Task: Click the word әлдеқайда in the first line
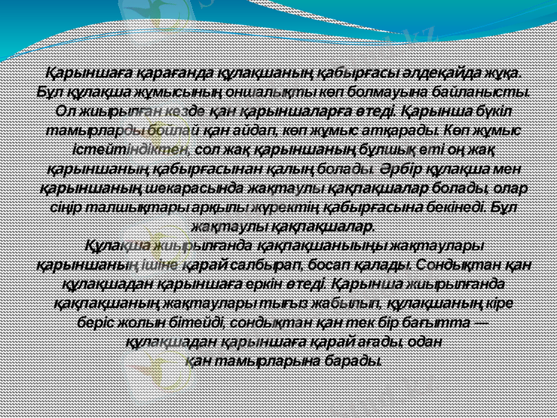447,73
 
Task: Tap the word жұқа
506,73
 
